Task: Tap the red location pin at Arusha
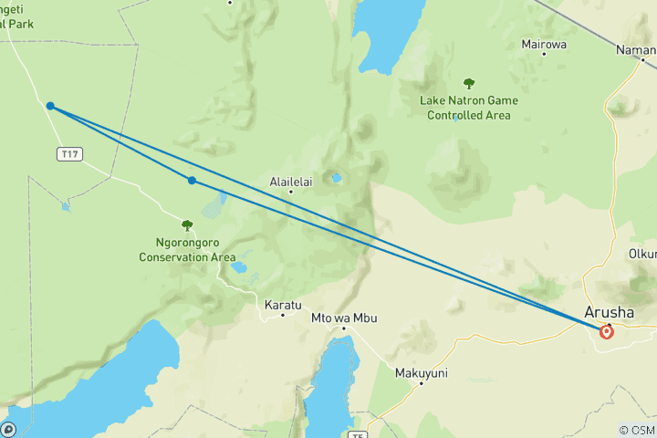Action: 607,332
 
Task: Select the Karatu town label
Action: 282,303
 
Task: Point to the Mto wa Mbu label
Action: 344,318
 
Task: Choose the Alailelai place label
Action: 291,182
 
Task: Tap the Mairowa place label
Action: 544,44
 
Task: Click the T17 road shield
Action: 68,154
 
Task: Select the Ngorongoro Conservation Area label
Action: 187,250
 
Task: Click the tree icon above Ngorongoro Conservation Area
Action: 187,224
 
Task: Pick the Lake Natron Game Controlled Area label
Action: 469,108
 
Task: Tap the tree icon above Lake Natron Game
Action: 469,84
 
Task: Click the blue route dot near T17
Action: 50,107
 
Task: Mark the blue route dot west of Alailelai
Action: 192,181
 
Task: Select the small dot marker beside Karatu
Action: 283,315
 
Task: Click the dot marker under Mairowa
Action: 544,55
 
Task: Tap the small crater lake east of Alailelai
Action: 337,178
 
